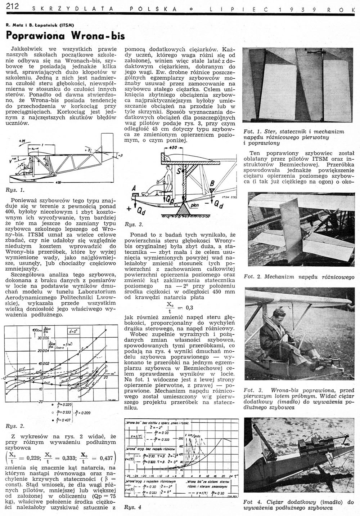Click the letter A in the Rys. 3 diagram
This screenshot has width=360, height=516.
pos(134,188)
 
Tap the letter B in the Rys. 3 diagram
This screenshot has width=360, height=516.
pos(212,184)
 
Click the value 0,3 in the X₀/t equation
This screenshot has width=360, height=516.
pos(188,307)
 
